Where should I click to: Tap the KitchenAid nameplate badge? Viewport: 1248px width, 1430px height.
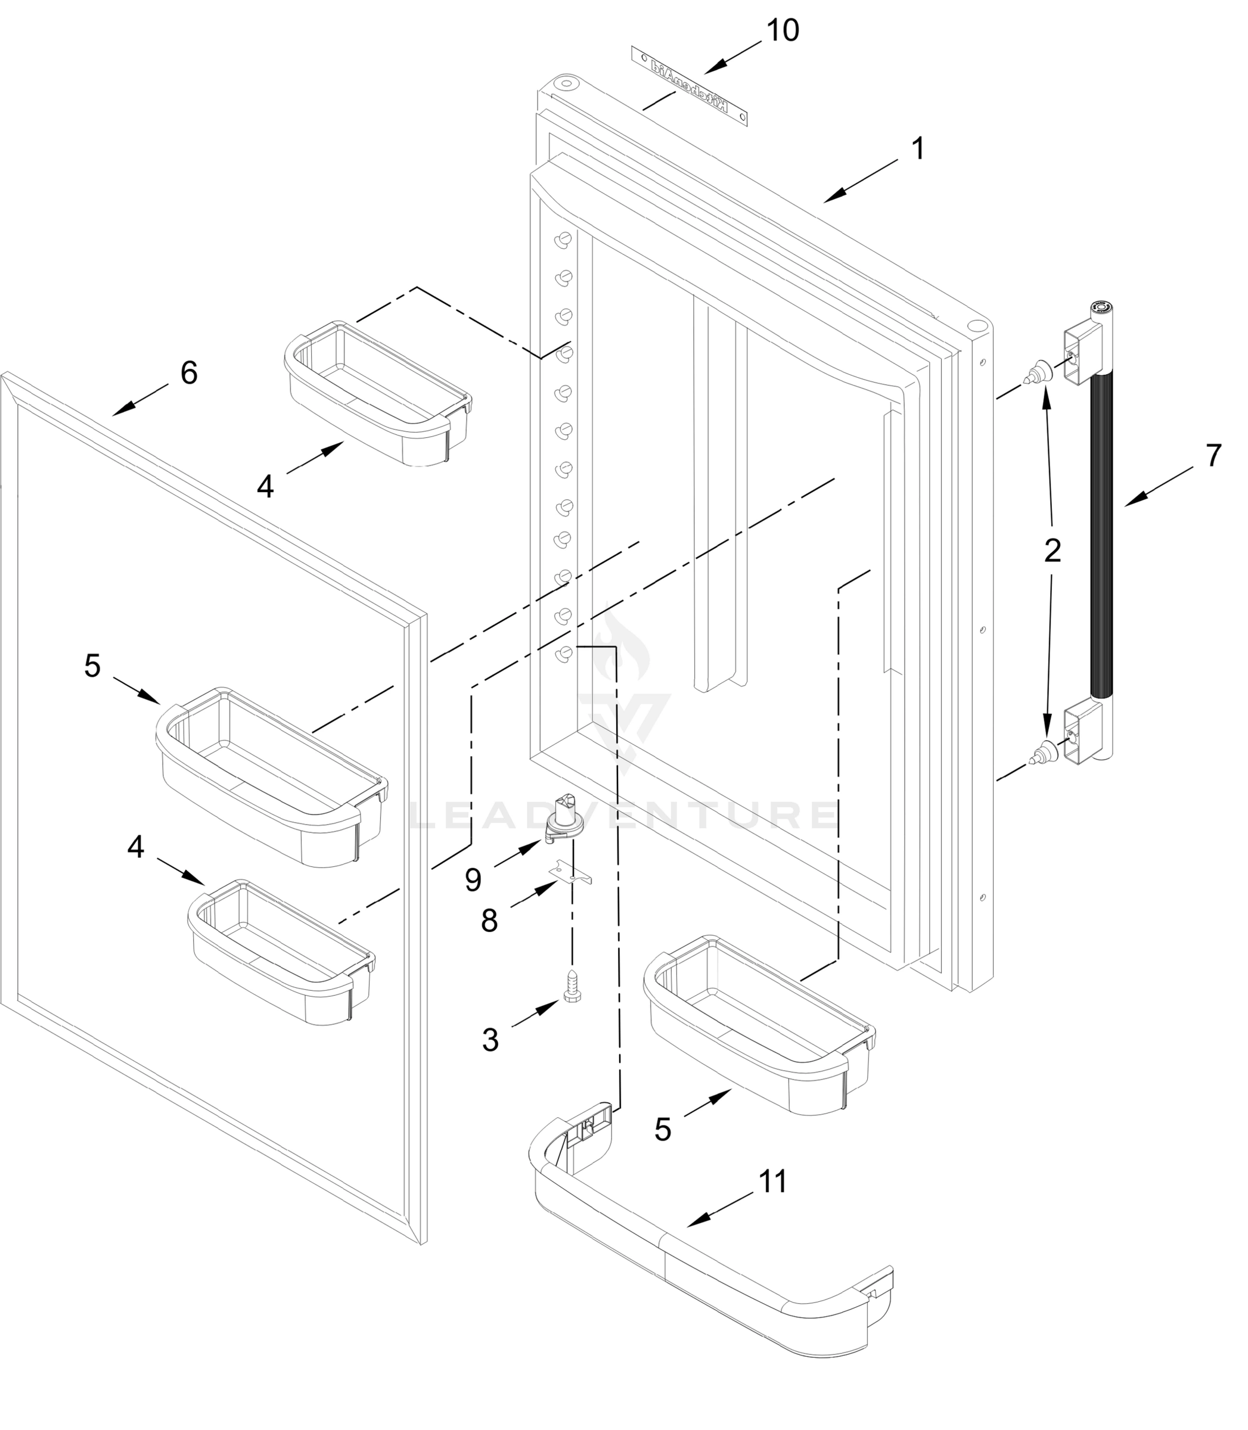tap(690, 86)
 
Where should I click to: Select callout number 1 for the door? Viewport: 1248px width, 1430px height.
tap(918, 149)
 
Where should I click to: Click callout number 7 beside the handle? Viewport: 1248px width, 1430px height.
tap(1213, 456)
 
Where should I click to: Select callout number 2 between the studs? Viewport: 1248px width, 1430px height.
tap(1053, 551)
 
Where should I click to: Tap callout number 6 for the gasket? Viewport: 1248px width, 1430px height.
tap(189, 373)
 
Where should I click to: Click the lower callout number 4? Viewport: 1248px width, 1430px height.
tap(136, 847)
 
